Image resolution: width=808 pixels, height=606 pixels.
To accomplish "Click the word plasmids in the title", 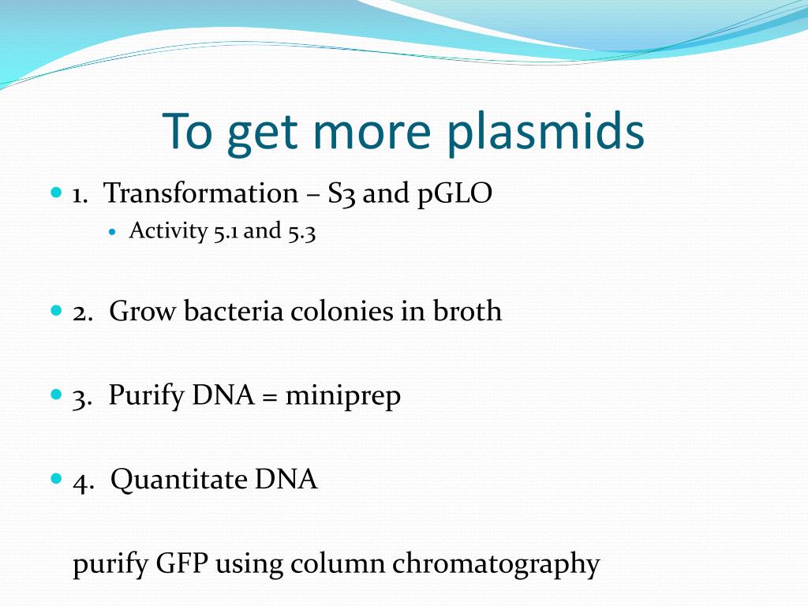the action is click(x=545, y=132).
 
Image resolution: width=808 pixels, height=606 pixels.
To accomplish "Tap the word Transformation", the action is click(x=201, y=193).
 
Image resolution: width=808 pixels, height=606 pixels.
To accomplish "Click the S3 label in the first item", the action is click(x=342, y=195).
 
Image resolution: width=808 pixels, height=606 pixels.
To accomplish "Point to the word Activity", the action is click(x=168, y=231).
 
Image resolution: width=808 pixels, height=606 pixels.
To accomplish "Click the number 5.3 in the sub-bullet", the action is click(x=301, y=232).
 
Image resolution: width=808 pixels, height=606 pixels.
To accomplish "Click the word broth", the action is click(x=467, y=311).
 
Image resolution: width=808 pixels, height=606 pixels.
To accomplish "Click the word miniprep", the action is click(x=342, y=397).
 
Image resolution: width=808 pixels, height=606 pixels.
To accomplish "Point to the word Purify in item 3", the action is click(x=146, y=397).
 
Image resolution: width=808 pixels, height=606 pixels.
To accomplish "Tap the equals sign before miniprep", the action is click(x=270, y=398).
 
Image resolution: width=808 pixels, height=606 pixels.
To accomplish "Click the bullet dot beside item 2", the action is click(x=56, y=311).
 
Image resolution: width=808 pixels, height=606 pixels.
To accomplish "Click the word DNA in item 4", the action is click(x=286, y=479).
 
